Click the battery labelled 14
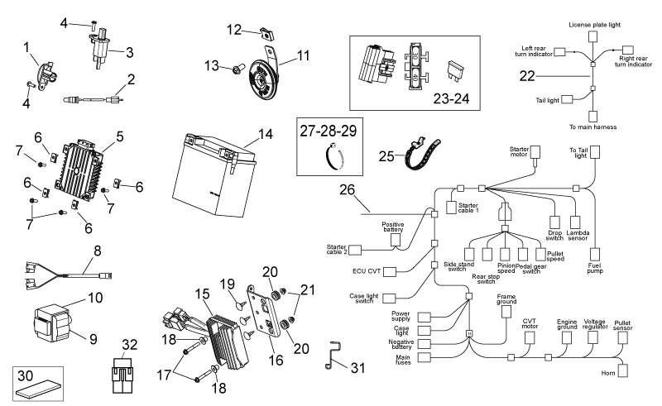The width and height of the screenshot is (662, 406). point(214,175)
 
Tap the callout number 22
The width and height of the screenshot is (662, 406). point(527,76)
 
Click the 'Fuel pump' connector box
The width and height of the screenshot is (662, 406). point(594,255)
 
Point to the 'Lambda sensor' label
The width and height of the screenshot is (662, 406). point(578,236)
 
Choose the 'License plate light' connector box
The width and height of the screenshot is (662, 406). point(593,36)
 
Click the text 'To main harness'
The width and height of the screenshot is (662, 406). point(592,127)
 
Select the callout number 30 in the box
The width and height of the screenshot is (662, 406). point(26,375)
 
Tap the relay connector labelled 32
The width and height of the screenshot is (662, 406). point(122,375)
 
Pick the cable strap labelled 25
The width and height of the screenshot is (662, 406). point(422,153)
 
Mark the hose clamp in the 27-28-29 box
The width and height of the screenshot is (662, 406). point(334,157)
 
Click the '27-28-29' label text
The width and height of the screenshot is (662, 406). point(329,131)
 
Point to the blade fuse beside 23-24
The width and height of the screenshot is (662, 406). point(453,71)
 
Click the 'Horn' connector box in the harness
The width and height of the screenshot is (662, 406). point(623,371)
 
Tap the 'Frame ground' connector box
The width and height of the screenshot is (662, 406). point(506,312)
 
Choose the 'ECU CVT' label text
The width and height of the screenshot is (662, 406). point(367,271)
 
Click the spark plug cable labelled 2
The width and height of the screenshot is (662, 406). point(93,100)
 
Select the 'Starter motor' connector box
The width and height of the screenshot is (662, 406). point(535,153)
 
